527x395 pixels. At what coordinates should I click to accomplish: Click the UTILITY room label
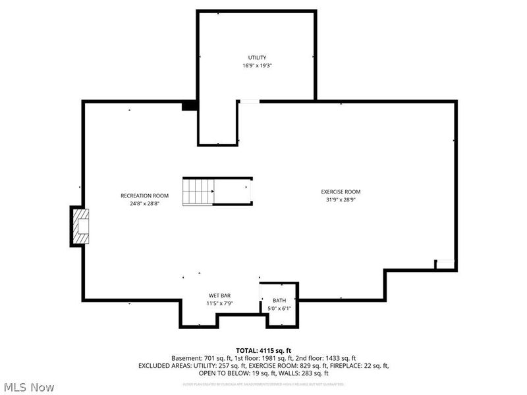[x=256, y=58]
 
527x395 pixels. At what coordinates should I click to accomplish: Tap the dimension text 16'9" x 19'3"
[x=256, y=66]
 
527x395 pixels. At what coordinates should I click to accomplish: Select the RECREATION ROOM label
[x=144, y=196]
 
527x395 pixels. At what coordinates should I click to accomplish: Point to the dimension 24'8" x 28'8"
[x=144, y=203]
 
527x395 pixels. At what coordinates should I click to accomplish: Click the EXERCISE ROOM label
[x=341, y=192]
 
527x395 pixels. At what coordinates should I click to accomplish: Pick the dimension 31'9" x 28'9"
[x=341, y=199]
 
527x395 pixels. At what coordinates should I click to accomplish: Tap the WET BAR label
[x=219, y=296]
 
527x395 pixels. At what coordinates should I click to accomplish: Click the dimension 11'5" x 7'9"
[x=219, y=303]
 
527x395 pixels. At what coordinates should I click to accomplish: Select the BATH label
[x=279, y=300]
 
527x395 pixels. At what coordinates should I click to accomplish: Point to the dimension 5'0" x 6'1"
[x=279, y=308]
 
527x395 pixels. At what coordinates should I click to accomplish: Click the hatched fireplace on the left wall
[x=80, y=226]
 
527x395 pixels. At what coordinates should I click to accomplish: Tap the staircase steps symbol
[x=198, y=191]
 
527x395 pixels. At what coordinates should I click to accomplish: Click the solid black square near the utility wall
[x=189, y=105]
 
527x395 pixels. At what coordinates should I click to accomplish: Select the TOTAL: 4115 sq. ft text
[x=263, y=350]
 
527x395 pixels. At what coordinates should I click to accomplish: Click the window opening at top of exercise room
[x=249, y=101]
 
